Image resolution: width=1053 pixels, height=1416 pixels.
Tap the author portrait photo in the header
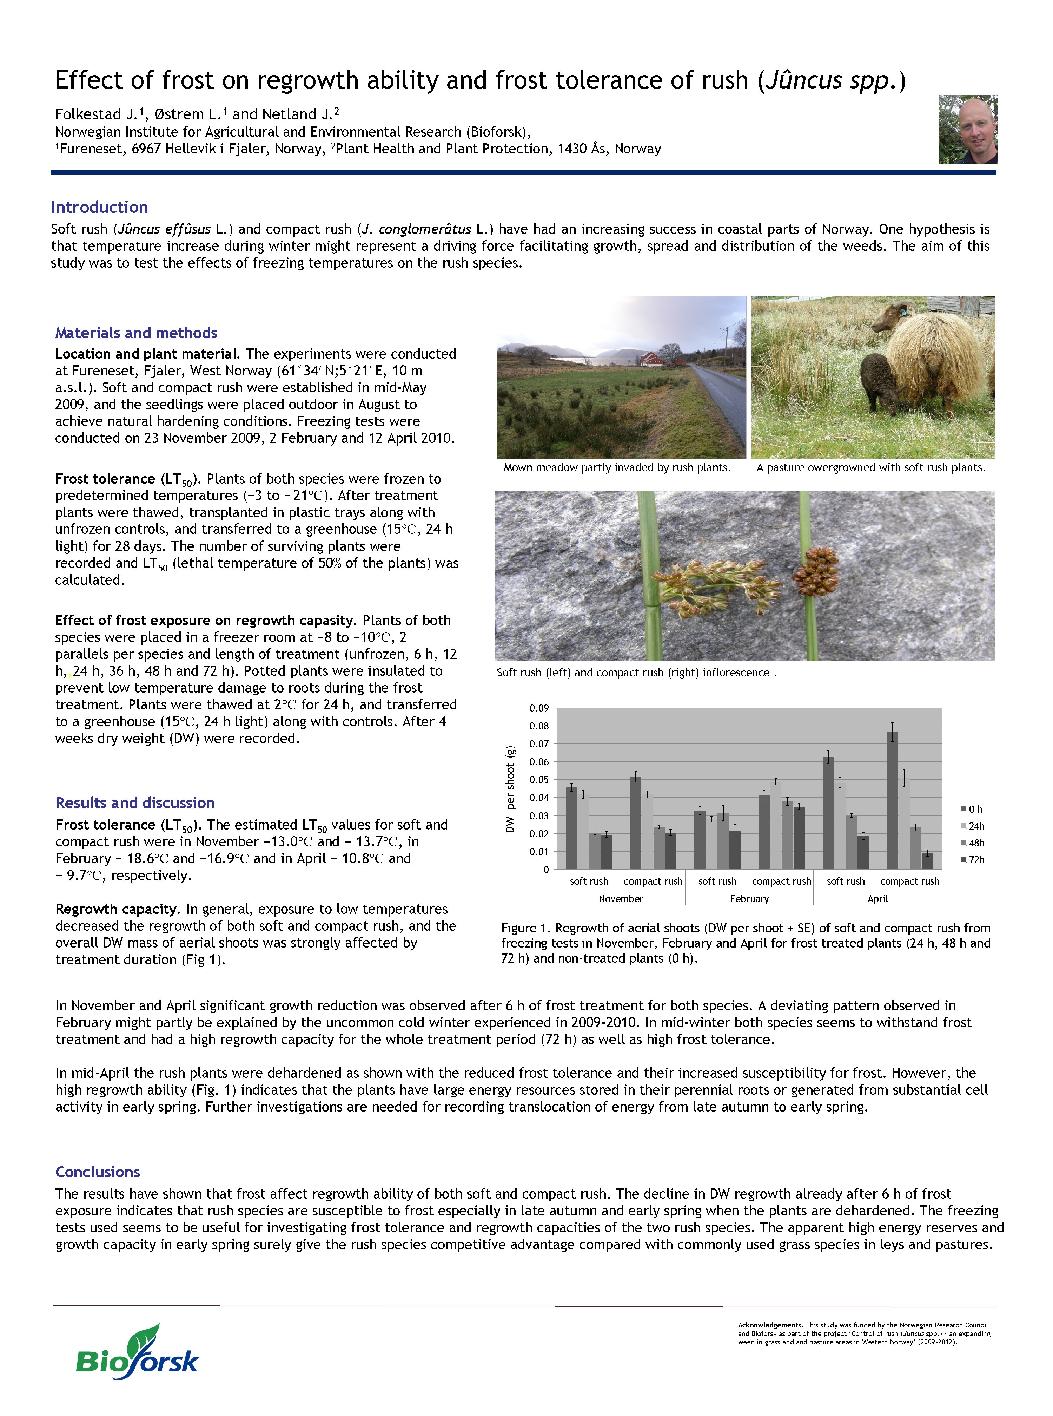pyautogui.click(x=967, y=130)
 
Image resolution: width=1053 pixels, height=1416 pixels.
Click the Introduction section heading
pyautogui.click(x=99, y=207)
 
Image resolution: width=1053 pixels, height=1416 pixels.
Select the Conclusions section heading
pyautogui.click(x=98, y=1172)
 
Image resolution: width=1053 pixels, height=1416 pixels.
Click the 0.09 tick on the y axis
pyautogui.click(x=539, y=708)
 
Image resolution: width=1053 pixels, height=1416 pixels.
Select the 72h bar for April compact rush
pyautogui.click(x=927, y=860)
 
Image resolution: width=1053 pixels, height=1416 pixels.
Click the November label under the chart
pyautogui.click(x=621, y=899)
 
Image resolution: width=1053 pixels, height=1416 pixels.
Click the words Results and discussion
pyautogui.click(x=135, y=803)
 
